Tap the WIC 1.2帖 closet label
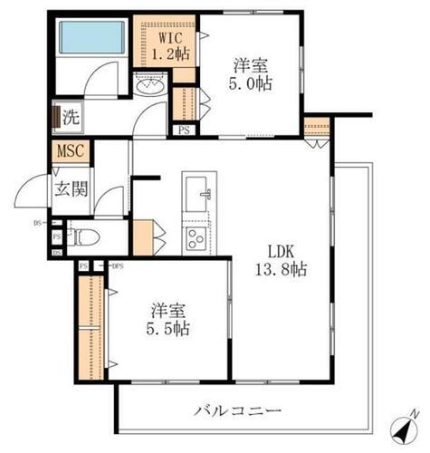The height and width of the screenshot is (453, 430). pyautogui.click(x=169, y=46)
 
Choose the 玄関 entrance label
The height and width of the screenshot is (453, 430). pyautogui.click(x=70, y=189)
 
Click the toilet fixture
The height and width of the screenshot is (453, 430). pyautogui.click(x=84, y=239)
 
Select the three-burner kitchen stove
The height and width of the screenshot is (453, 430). pyautogui.click(x=196, y=239)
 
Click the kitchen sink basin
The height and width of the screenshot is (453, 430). pyautogui.click(x=197, y=192)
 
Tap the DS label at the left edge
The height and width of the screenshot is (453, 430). pyautogui.click(x=37, y=221)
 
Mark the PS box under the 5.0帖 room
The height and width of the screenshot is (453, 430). pyautogui.click(x=184, y=130)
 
